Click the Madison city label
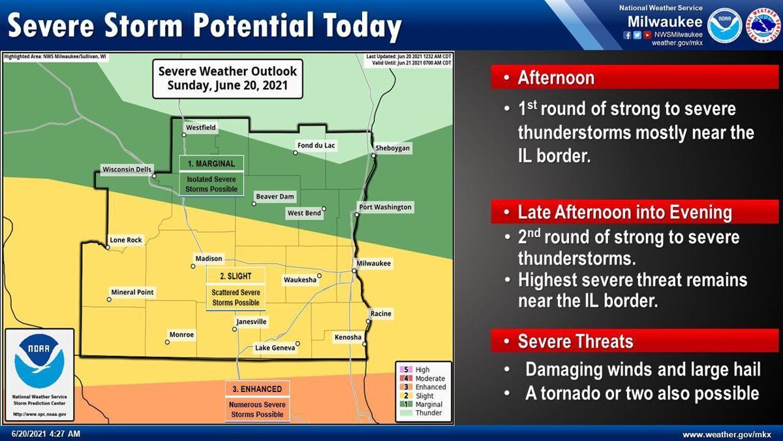tap(209, 259)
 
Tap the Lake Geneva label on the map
tap(275, 348)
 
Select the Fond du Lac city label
tap(316, 146)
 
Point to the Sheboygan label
tap(393, 149)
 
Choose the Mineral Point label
tap(132, 293)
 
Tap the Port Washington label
tap(385, 208)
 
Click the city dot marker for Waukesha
tap(320, 275)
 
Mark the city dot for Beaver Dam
tap(254, 203)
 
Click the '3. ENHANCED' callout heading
tap(257, 389)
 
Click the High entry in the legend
tap(422, 370)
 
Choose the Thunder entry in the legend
tap(427, 413)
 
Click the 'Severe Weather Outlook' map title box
tap(227, 78)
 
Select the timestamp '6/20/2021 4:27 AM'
tap(46, 434)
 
